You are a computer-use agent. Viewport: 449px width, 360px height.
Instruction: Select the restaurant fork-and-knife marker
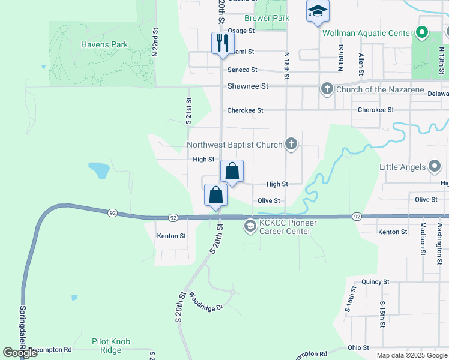[222, 43]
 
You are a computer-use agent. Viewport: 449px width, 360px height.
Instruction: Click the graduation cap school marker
[318, 11]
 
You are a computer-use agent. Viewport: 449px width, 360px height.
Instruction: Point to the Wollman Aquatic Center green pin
[422, 32]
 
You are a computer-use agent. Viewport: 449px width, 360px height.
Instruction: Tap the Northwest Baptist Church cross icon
[291, 143]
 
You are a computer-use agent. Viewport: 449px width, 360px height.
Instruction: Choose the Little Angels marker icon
[436, 167]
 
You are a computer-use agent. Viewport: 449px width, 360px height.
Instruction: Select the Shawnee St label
[247, 86]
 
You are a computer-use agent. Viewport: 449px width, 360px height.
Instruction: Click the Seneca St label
[242, 70]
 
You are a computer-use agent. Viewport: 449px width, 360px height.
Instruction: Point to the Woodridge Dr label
[206, 301]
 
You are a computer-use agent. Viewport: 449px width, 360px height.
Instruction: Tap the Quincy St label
[375, 281]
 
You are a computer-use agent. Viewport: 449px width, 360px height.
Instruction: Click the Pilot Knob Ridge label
[111, 346]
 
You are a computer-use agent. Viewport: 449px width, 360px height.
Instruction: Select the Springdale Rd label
[22, 334]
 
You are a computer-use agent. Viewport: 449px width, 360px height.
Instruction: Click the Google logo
[20, 352]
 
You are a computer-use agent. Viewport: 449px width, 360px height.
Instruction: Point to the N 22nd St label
[155, 43]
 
